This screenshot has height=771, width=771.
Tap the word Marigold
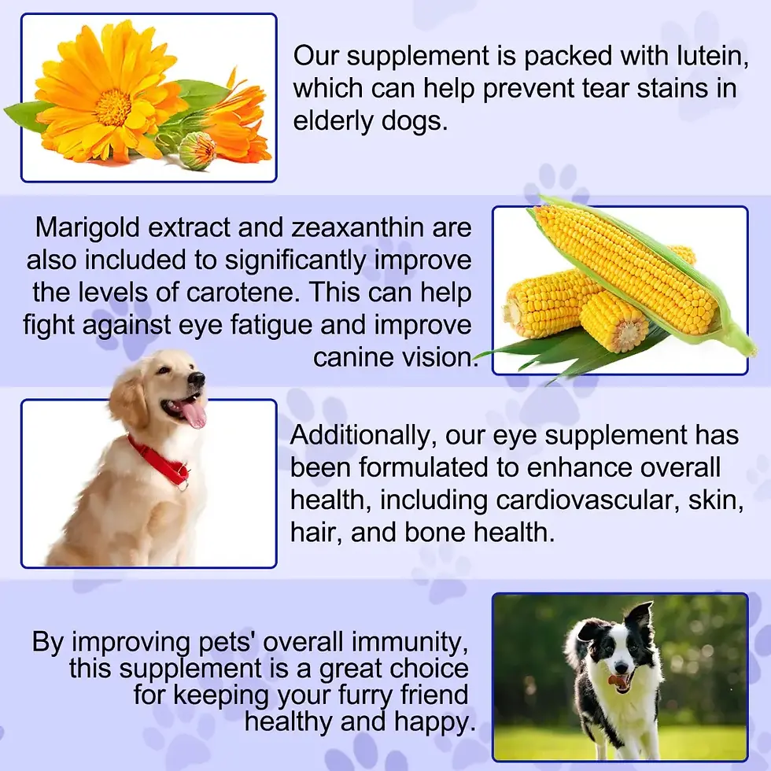point(90,227)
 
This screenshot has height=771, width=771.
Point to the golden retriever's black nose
point(196,380)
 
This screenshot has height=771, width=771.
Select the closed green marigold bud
point(196,149)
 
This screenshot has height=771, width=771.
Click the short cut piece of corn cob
point(614,320)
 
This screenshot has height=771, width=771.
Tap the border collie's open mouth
point(621,681)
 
